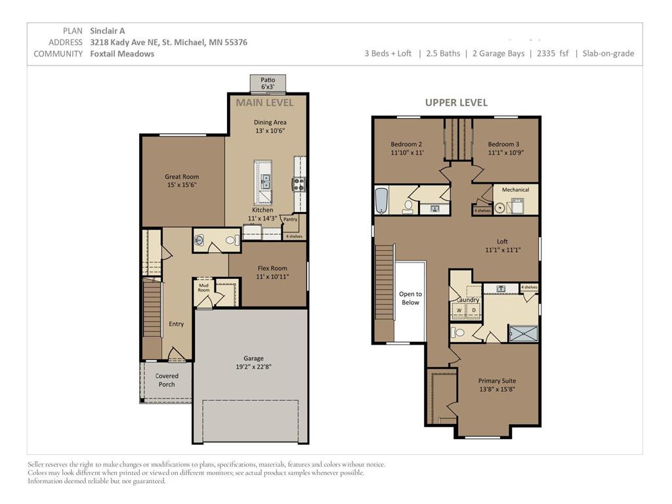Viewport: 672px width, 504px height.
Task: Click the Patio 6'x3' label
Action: coord(268,83)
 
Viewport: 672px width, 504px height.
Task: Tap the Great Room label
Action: coord(182,177)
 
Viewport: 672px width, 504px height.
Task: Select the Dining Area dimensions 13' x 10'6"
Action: coord(270,131)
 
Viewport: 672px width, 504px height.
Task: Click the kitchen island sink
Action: coord(265,182)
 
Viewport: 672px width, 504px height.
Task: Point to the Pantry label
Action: coord(290,219)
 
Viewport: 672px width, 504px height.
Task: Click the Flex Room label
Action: coord(272,268)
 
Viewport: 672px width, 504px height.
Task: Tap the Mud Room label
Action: coord(204,287)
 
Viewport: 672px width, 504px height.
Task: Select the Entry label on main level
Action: coord(176,324)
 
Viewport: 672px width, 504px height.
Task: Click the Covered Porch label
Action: coord(167,380)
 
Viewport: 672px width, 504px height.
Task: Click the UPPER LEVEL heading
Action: coord(456,102)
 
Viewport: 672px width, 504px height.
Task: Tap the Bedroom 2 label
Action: coord(406,144)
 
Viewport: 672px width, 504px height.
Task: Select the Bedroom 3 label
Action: coord(503,144)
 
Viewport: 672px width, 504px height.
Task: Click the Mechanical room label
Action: coord(515,190)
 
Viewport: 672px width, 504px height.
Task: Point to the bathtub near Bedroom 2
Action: coord(381,200)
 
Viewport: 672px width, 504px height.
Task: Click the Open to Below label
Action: coord(410,299)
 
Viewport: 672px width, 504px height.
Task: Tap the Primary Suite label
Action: coord(497,381)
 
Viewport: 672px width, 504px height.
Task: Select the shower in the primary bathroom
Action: coord(523,333)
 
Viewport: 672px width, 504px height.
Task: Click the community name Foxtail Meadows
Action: coord(122,54)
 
